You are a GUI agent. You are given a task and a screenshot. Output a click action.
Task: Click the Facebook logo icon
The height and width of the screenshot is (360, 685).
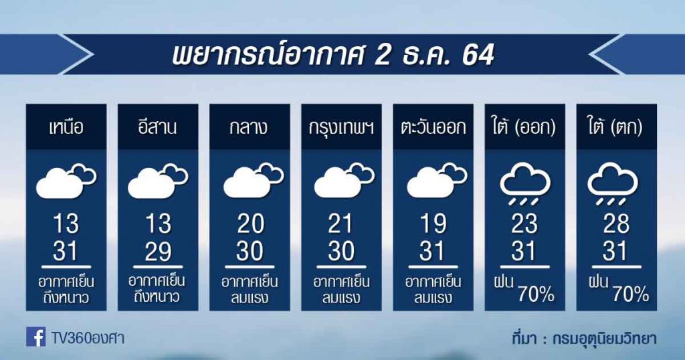click(x=36, y=337)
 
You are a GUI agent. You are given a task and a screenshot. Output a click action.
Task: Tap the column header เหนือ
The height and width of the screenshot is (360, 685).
click(x=66, y=128)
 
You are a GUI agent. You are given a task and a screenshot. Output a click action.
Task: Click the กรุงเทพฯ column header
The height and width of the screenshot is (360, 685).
click(x=341, y=128)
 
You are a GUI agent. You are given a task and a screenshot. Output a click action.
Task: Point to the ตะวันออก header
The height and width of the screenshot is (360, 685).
click(x=433, y=128)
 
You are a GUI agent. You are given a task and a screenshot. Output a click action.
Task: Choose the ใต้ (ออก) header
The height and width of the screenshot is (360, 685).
click(x=524, y=128)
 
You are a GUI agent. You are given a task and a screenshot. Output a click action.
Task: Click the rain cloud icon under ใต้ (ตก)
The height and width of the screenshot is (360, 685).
click(x=613, y=183)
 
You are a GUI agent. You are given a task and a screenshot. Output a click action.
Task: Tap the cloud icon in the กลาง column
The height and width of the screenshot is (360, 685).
click(x=254, y=180)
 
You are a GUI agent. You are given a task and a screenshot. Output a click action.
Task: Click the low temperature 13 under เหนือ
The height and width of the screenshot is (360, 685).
click(x=66, y=224)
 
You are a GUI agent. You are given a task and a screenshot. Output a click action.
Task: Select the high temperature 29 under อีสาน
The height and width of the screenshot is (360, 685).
click(x=158, y=251)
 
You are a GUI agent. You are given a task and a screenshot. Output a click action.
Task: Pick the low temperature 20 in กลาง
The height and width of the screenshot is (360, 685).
click(x=250, y=224)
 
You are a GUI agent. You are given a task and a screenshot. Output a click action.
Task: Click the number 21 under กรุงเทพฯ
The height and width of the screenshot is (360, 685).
click(x=340, y=224)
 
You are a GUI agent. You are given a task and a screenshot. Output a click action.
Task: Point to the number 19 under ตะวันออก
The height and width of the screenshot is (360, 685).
click(x=433, y=224)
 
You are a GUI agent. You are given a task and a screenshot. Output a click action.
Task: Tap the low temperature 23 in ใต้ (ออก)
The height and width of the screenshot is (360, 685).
click(x=524, y=224)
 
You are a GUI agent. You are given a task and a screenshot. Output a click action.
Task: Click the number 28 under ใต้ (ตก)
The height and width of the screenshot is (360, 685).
click(x=616, y=224)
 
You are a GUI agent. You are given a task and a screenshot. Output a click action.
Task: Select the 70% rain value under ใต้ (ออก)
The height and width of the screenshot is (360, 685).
click(x=536, y=295)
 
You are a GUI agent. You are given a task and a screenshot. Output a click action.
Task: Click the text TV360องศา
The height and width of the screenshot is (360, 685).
click(x=88, y=337)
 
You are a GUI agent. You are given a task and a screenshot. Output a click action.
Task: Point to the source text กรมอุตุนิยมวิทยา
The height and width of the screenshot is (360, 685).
click(x=604, y=339)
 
